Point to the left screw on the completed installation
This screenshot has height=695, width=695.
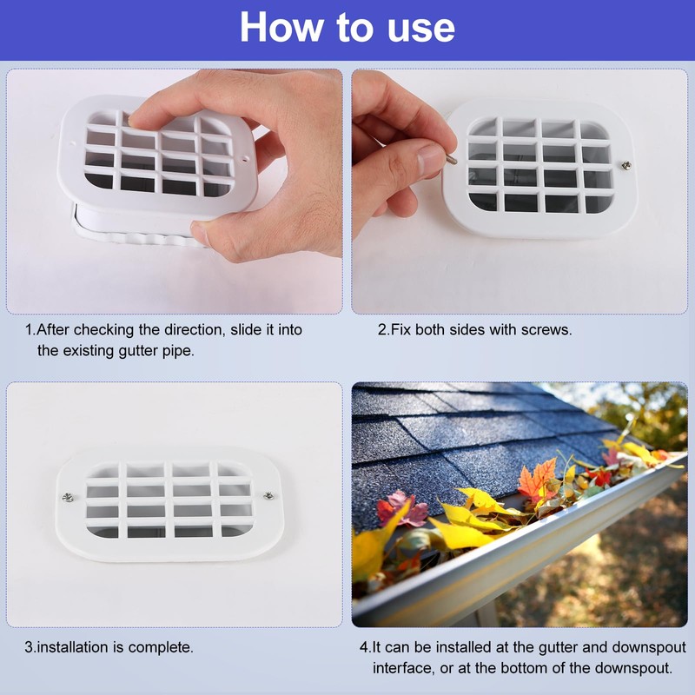coord(67,497)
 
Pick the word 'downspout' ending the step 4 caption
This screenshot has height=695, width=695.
coord(633,668)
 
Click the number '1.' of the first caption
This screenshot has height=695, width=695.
coord(30,330)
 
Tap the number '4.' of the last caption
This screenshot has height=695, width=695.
coord(365,647)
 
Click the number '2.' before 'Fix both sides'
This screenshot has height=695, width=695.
coord(383,330)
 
